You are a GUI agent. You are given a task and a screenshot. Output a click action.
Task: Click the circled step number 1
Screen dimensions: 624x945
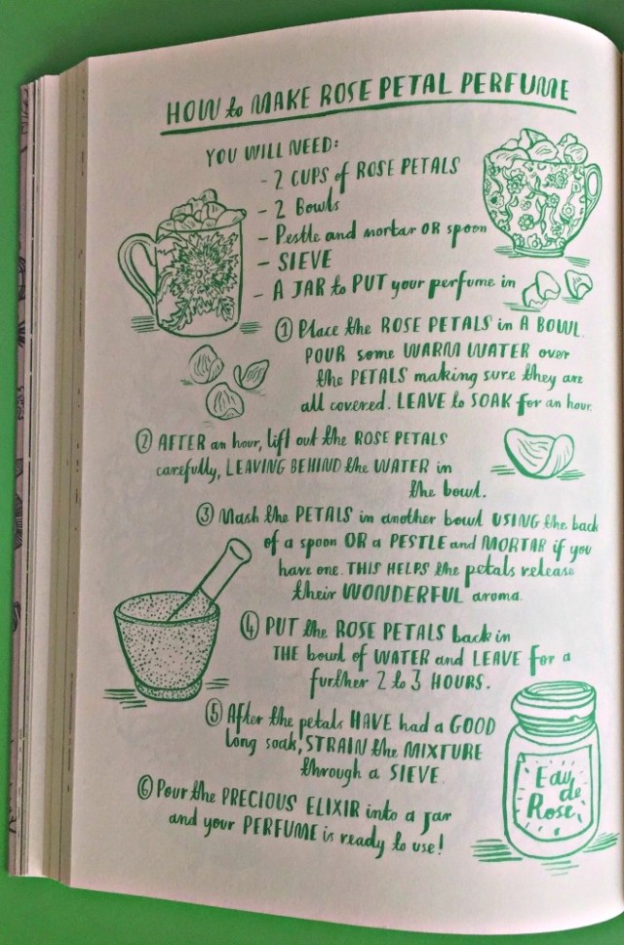tap(284, 328)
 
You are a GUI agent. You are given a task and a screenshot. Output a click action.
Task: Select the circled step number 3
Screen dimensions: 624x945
tap(206, 514)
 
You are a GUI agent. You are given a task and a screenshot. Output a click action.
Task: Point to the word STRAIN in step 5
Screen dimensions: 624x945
tap(335, 747)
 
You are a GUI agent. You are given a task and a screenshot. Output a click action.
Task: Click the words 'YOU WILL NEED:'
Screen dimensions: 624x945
tap(272, 149)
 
